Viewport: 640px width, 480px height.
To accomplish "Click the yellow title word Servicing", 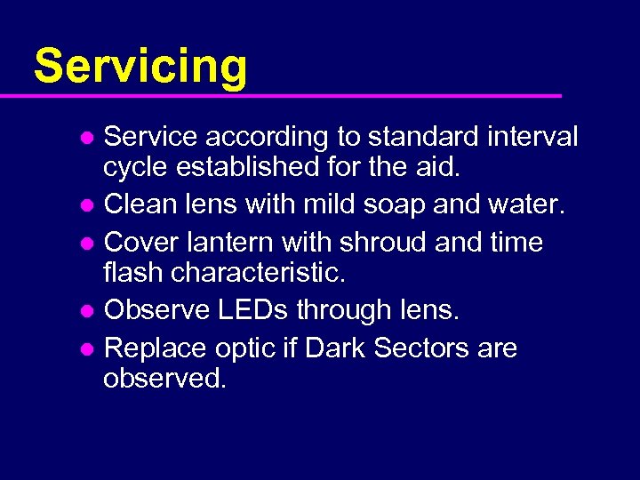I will (x=140, y=65).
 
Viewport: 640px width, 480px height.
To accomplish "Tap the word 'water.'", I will (x=526, y=205).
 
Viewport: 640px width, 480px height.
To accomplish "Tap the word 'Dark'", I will (x=336, y=348).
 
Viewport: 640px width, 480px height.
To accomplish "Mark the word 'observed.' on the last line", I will (x=165, y=378).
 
